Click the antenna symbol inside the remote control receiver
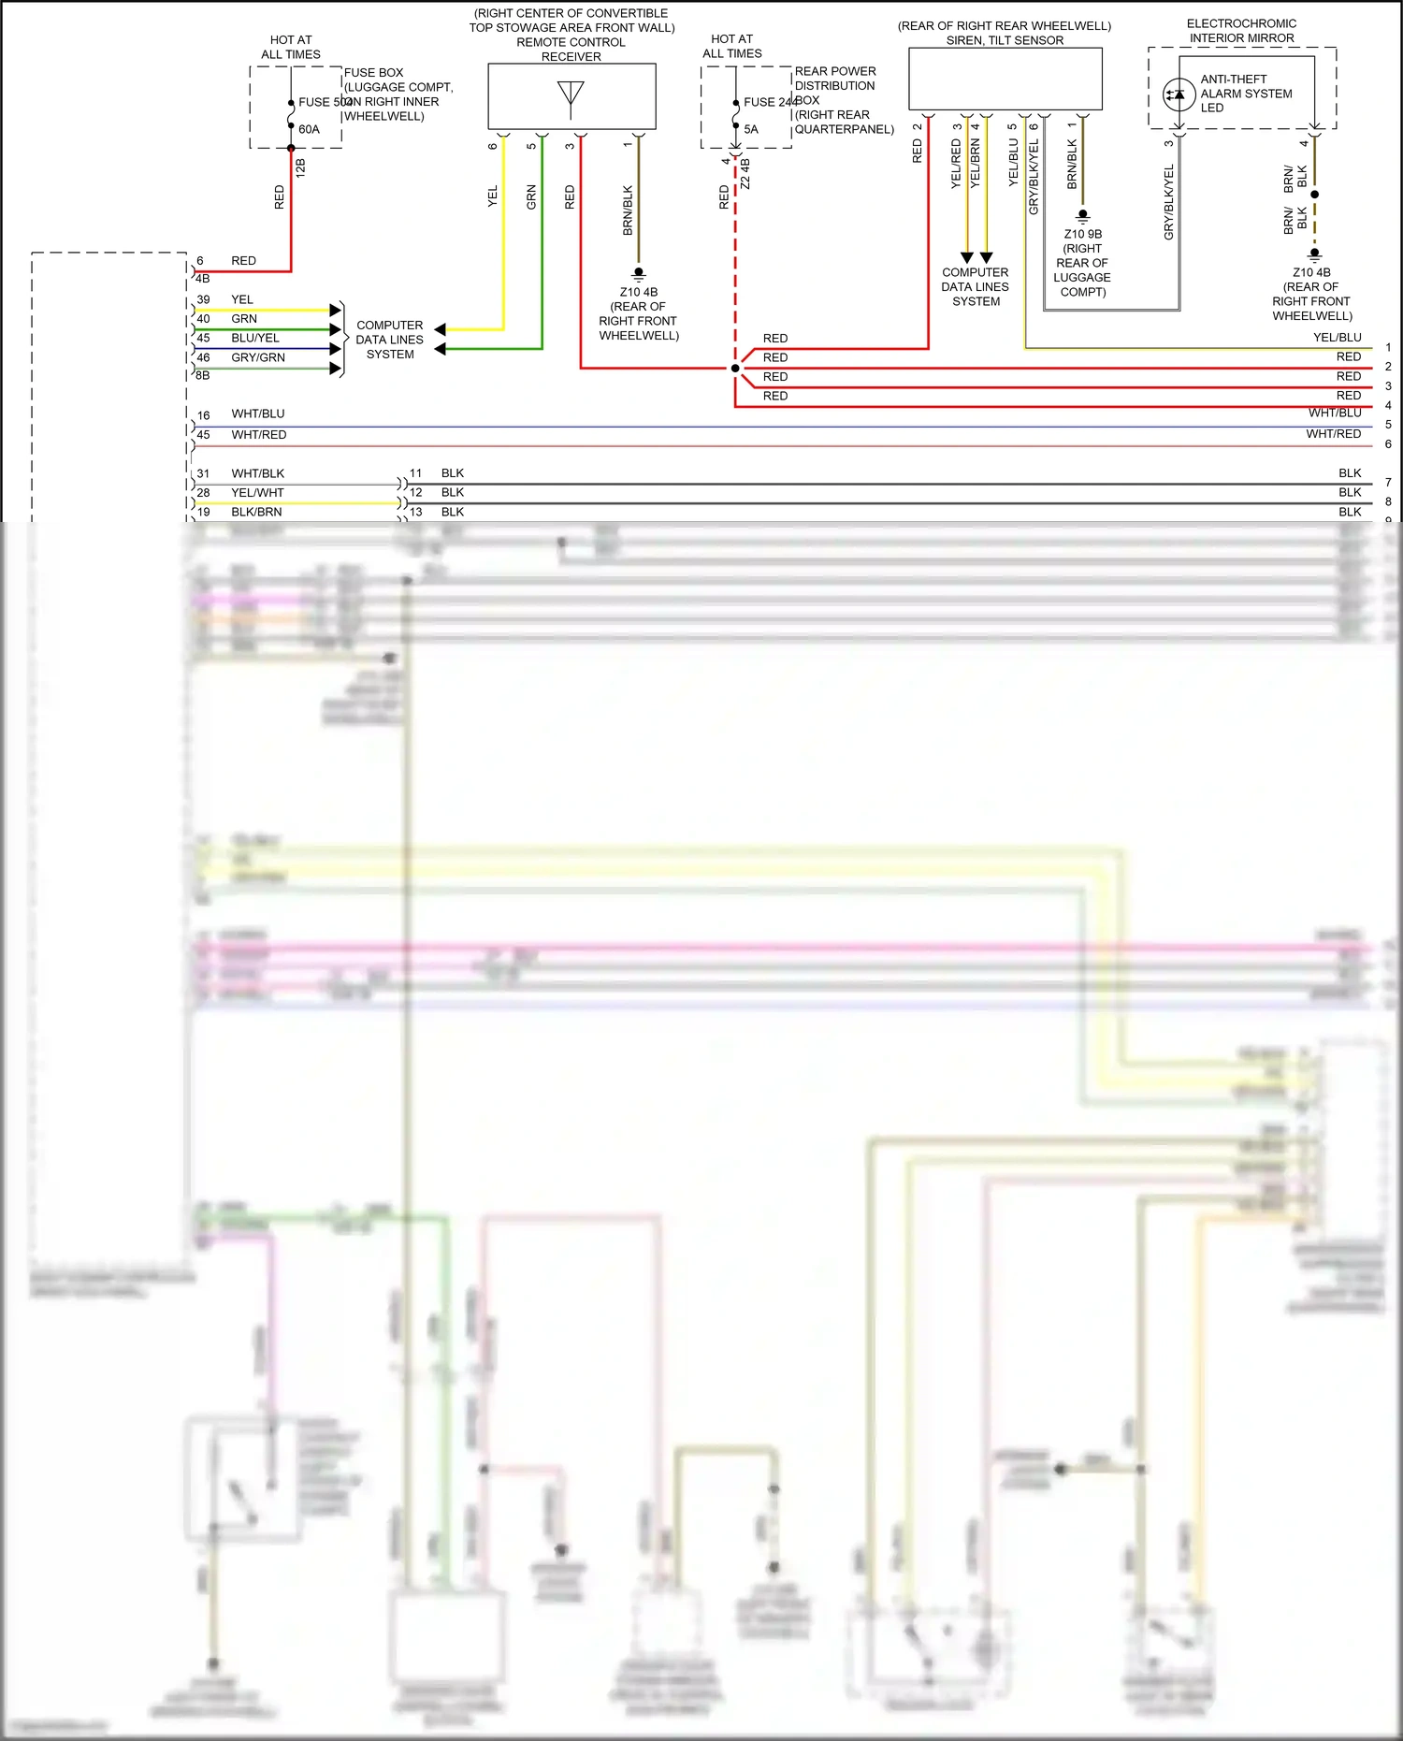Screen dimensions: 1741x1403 coord(571,97)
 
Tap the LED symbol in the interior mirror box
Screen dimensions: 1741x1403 coord(1179,94)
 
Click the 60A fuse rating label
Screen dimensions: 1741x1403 coord(309,130)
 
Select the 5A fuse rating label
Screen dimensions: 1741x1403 coord(751,130)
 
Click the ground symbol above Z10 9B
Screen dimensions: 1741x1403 coord(1083,216)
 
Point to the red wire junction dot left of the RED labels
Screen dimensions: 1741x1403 coord(735,369)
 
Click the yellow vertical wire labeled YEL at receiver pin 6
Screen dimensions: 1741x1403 coord(504,234)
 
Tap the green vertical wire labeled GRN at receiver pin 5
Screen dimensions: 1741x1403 coord(542,243)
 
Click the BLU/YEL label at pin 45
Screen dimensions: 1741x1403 coord(255,339)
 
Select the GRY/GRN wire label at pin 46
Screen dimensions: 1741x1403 coord(258,358)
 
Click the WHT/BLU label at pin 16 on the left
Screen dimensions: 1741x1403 coord(258,414)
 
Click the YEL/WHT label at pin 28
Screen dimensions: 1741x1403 coord(257,493)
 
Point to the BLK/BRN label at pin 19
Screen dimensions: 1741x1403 coord(256,513)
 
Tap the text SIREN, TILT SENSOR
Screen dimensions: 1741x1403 coord(1005,40)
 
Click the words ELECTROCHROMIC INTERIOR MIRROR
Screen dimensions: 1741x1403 coord(1241,31)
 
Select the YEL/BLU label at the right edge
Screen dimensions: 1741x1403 coord(1337,338)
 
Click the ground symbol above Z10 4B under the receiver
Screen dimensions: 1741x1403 coord(639,274)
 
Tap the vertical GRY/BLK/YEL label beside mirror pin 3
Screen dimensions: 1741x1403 coord(1169,202)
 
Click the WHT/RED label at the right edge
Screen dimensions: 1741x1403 coord(1333,434)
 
